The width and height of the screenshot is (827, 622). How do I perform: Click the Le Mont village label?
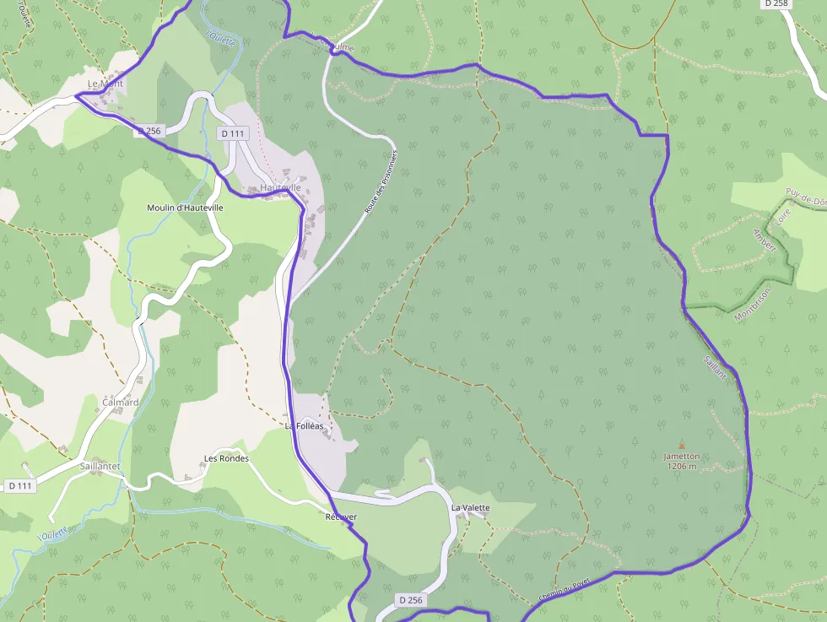[105, 84]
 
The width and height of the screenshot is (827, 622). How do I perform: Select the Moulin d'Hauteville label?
[185, 208]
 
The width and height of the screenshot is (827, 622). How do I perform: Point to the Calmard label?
[120, 403]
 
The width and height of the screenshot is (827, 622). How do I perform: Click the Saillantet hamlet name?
[100, 466]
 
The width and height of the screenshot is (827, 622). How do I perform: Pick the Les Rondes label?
[226, 459]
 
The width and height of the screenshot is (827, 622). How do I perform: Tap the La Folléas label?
[304, 426]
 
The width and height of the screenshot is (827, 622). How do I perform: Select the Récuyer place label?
[341, 517]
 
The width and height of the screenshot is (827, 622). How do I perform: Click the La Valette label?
[470, 508]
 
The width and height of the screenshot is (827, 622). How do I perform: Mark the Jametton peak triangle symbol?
[682, 446]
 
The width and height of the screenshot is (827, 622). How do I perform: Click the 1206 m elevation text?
[682, 466]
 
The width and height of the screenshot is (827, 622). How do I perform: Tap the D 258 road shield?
[776, 4]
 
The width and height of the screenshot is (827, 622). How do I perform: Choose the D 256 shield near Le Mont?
[148, 131]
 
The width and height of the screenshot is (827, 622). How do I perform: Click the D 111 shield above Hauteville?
[232, 133]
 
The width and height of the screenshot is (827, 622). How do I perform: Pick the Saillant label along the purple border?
[714, 372]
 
